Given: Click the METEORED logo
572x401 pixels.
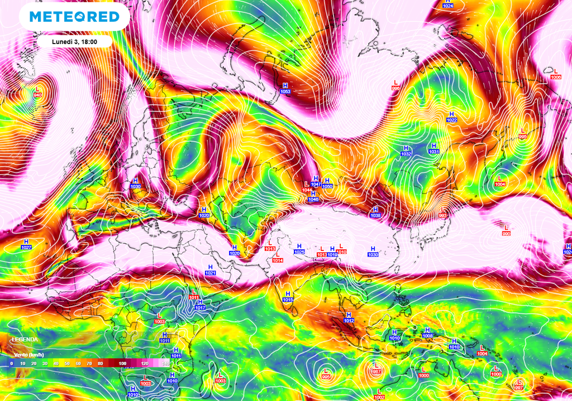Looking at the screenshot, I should tap(74, 17).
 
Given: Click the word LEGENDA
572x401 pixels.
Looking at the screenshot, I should tap(25, 339).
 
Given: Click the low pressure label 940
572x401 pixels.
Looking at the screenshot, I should tap(37, 95).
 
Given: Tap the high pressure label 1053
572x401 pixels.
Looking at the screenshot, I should tap(285, 91).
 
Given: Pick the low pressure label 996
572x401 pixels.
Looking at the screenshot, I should tap(395, 88).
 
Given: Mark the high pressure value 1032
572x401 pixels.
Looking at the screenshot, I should tap(406, 153).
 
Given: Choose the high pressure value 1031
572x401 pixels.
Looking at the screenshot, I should tap(434, 151).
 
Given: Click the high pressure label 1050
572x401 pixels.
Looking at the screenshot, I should tap(327, 186).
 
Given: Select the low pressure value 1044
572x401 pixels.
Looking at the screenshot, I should tap(307, 190).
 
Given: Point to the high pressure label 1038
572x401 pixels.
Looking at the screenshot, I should tap(375, 215).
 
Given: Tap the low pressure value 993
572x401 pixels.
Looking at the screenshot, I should tap(443, 215).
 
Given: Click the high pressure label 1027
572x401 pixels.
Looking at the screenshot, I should tap(26, 247).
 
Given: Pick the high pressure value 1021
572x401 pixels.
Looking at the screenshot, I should tap(211, 273).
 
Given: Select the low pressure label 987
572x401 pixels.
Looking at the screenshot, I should tap(376, 371).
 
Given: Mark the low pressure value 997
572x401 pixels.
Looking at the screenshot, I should tap(519, 387).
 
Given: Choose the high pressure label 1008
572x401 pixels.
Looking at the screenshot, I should tap(428, 336).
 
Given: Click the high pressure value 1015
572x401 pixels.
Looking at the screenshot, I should tap(288, 299).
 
